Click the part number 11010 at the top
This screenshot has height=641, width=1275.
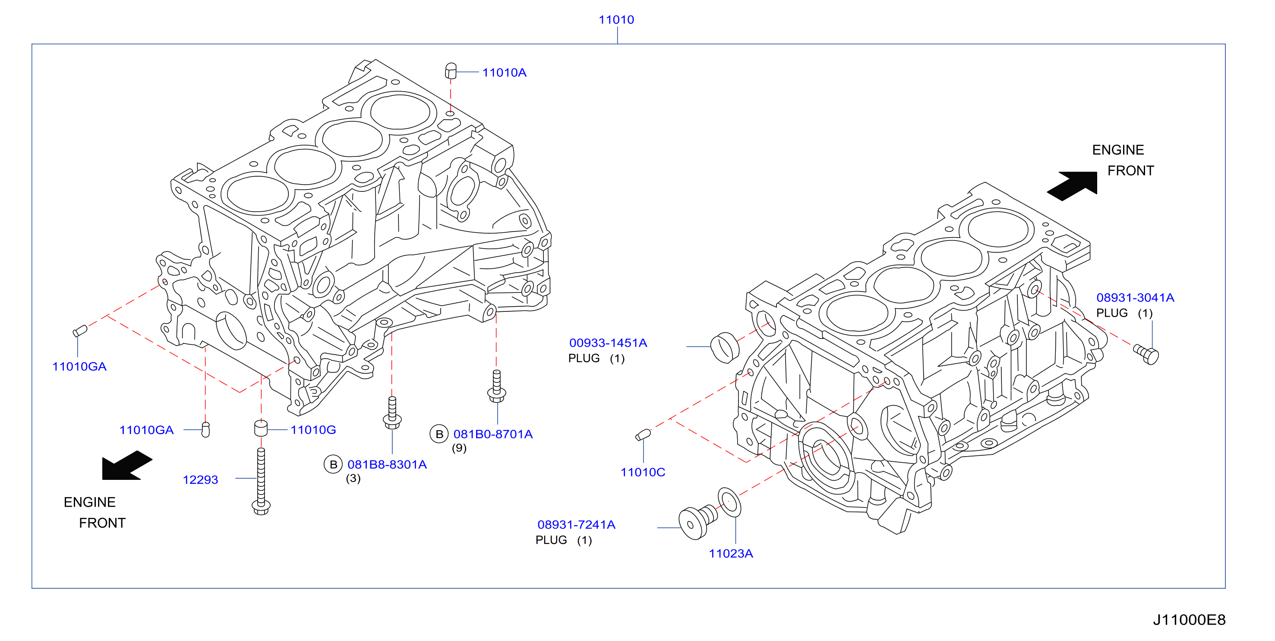(616, 20)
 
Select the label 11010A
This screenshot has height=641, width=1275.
(505, 73)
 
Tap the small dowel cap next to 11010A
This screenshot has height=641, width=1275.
(451, 70)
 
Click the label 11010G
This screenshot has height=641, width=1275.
(313, 430)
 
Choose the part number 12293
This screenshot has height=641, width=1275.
(200, 480)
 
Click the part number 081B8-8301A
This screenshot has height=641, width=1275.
(387, 465)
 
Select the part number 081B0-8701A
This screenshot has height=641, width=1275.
(493, 435)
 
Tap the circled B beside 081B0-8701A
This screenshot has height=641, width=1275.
(439, 435)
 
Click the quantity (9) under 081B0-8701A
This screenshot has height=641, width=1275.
(459, 448)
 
